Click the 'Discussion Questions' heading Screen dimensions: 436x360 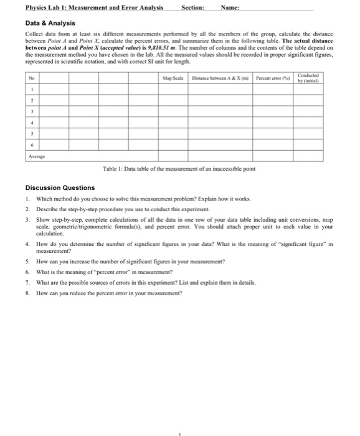(x=60, y=187)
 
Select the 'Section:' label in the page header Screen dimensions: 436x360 (x=191, y=8)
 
